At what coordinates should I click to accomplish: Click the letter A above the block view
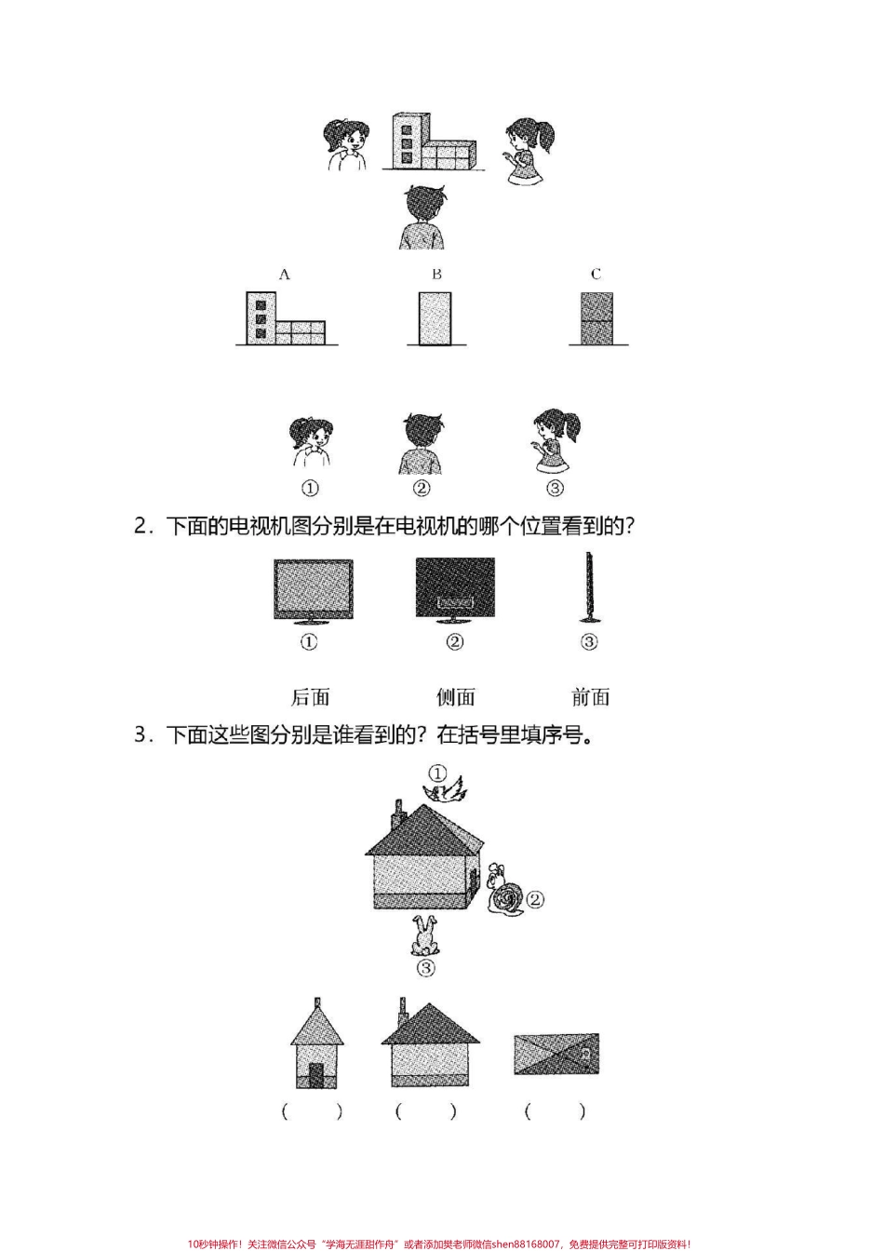(x=285, y=275)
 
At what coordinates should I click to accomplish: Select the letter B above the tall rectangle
(x=436, y=275)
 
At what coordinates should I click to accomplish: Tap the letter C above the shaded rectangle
(x=596, y=275)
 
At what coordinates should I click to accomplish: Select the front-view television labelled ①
(x=313, y=590)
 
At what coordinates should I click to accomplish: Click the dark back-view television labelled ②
(x=455, y=590)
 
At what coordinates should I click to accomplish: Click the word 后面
(x=311, y=697)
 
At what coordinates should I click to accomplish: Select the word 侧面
(x=456, y=697)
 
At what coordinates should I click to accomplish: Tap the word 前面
(x=591, y=697)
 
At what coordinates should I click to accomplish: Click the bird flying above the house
(x=443, y=792)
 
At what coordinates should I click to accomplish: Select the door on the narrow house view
(x=317, y=1076)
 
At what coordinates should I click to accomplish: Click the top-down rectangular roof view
(x=556, y=1055)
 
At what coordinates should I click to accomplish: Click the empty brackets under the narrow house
(x=312, y=1110)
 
